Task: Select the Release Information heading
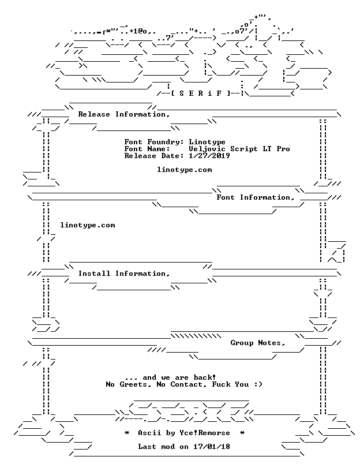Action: tap(124, 114)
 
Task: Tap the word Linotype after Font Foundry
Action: tap(207, 143)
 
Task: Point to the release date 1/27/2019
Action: tap(209, 156)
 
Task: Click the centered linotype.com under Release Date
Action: tap(184, 170)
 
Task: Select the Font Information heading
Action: tap(255, 197)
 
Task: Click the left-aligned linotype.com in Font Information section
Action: tap(88, 225)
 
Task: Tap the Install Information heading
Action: tap(124, 274)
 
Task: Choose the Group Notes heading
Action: tap(258, 343)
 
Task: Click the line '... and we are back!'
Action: tap(170, 377)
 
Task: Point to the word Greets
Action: tap(135, 384)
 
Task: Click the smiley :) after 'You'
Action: tap(258, 384)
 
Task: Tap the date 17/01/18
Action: tap(212, 447)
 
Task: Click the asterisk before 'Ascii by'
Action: tap(126, 433)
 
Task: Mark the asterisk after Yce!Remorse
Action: tap(242, 433)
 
